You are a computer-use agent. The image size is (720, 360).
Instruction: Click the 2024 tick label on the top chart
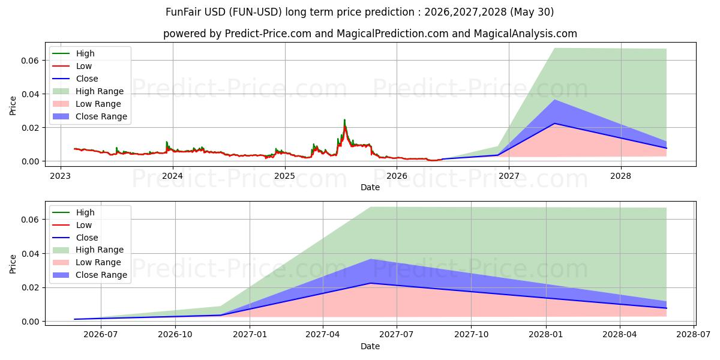tap(173, 176)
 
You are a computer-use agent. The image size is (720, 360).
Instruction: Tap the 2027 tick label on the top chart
tap(509, 176)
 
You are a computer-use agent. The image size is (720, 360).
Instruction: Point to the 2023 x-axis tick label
tap(61, 176)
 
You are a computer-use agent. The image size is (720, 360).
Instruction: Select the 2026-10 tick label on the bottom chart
tap(175, 335)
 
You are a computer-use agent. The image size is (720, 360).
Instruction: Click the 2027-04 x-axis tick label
tap(323, 335)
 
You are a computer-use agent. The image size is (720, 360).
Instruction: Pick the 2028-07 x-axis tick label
tap(694, 335)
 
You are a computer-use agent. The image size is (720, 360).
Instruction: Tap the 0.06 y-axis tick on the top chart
tap(30, 61)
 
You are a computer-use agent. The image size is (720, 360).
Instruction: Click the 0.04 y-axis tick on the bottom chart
tap(30, 254)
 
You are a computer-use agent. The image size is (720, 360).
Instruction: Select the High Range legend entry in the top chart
tap(88, 91)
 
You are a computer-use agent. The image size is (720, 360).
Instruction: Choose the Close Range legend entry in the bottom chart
tap(88, 275)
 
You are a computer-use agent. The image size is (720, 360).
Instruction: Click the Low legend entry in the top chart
tap(72, 66)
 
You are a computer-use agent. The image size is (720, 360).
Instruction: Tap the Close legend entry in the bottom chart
tap(75, 238)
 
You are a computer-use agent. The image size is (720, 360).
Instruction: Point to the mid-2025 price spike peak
tap(344, 120)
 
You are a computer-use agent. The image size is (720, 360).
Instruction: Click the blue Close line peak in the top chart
tap(554, 124)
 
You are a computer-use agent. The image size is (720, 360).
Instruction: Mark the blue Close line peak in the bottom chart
tap(371, 283)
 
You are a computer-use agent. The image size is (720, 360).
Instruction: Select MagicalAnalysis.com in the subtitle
tap(526, 34)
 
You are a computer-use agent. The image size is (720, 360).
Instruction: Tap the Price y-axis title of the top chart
tap(13, 106)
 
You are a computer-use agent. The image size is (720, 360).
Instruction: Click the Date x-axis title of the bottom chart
tap(370, 346)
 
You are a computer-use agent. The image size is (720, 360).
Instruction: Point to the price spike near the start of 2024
tap(167, 142)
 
